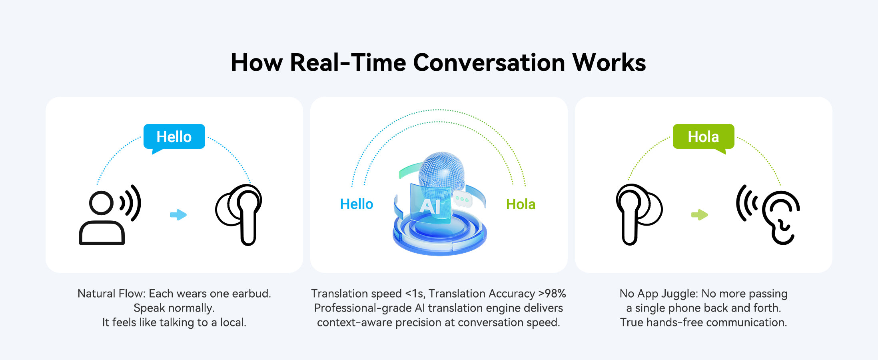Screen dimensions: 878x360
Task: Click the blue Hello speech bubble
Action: point(174,137)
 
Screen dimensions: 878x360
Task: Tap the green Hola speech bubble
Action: point(703,137)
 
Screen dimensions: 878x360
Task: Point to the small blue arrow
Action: point(178,215)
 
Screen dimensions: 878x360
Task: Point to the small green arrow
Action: point(700,215)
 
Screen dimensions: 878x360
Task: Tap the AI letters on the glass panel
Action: point(430,207)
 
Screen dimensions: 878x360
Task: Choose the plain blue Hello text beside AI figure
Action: point(356,204)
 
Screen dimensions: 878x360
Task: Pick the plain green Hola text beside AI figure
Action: point(521,204)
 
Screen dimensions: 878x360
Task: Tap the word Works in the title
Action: point(609,62)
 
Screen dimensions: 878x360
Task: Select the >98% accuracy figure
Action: point(552,294)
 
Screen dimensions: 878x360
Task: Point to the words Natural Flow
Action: point(111,294)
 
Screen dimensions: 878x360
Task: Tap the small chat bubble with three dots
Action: point(462,199)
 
